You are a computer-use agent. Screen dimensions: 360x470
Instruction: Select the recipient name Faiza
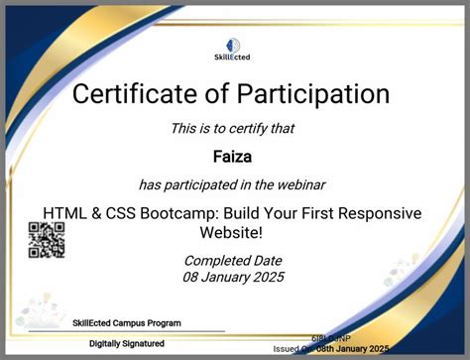pos(234,156)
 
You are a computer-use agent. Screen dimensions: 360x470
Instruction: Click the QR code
pos(46,239)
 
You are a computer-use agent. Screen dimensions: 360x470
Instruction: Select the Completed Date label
pos(234,261)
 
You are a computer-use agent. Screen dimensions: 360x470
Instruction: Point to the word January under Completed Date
pos(222,279)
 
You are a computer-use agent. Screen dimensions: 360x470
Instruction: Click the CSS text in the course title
pos(121,213)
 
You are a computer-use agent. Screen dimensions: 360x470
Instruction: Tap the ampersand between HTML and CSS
pos(94,213)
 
